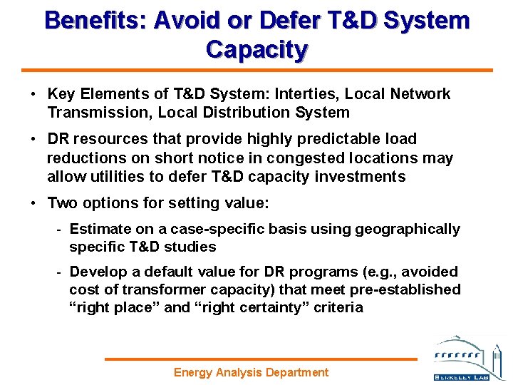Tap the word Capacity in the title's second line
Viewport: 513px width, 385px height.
[256, 49]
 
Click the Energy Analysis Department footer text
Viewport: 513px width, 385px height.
[252, 372]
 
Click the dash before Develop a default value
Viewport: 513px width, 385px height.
[60, 272]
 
